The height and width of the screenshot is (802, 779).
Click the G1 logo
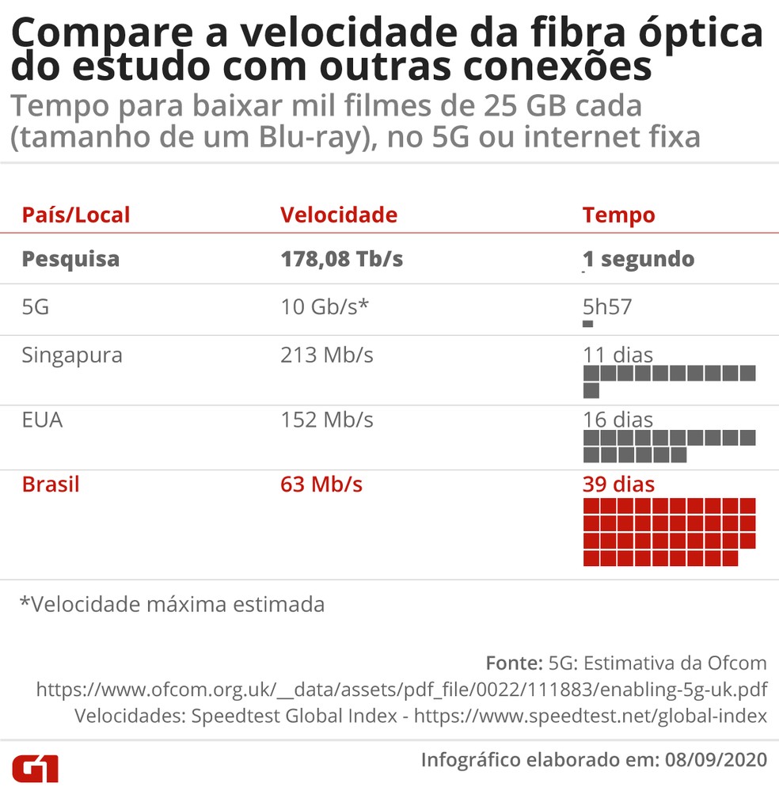(35, 769)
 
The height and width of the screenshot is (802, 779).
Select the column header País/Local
(76, 215)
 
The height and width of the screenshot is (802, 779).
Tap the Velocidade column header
(339, 215)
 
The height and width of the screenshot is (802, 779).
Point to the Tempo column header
(618, 215)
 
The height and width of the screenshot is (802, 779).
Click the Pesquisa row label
(70, 259)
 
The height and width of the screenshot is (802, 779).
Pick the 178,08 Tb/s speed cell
(341, 259)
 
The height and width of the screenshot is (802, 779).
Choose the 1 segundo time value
(638, 259)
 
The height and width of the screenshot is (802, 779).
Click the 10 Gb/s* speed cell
(325, 306)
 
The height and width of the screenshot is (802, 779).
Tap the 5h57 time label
(607, 306)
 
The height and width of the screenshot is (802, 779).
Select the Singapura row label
(72, 355)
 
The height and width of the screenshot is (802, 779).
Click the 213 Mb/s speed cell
(326, 355)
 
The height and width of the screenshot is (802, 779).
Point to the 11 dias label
(617, 355)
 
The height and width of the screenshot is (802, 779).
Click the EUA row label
(42, 420)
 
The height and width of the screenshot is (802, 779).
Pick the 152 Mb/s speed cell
(326, 420)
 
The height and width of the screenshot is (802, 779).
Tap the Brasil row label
(51, 484)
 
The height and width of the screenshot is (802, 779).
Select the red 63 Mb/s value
(321, 484)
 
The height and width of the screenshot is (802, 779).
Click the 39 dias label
(618, 484)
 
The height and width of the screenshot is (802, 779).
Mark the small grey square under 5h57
(587, 324)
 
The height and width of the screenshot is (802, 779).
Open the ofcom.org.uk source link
(401, 690)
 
